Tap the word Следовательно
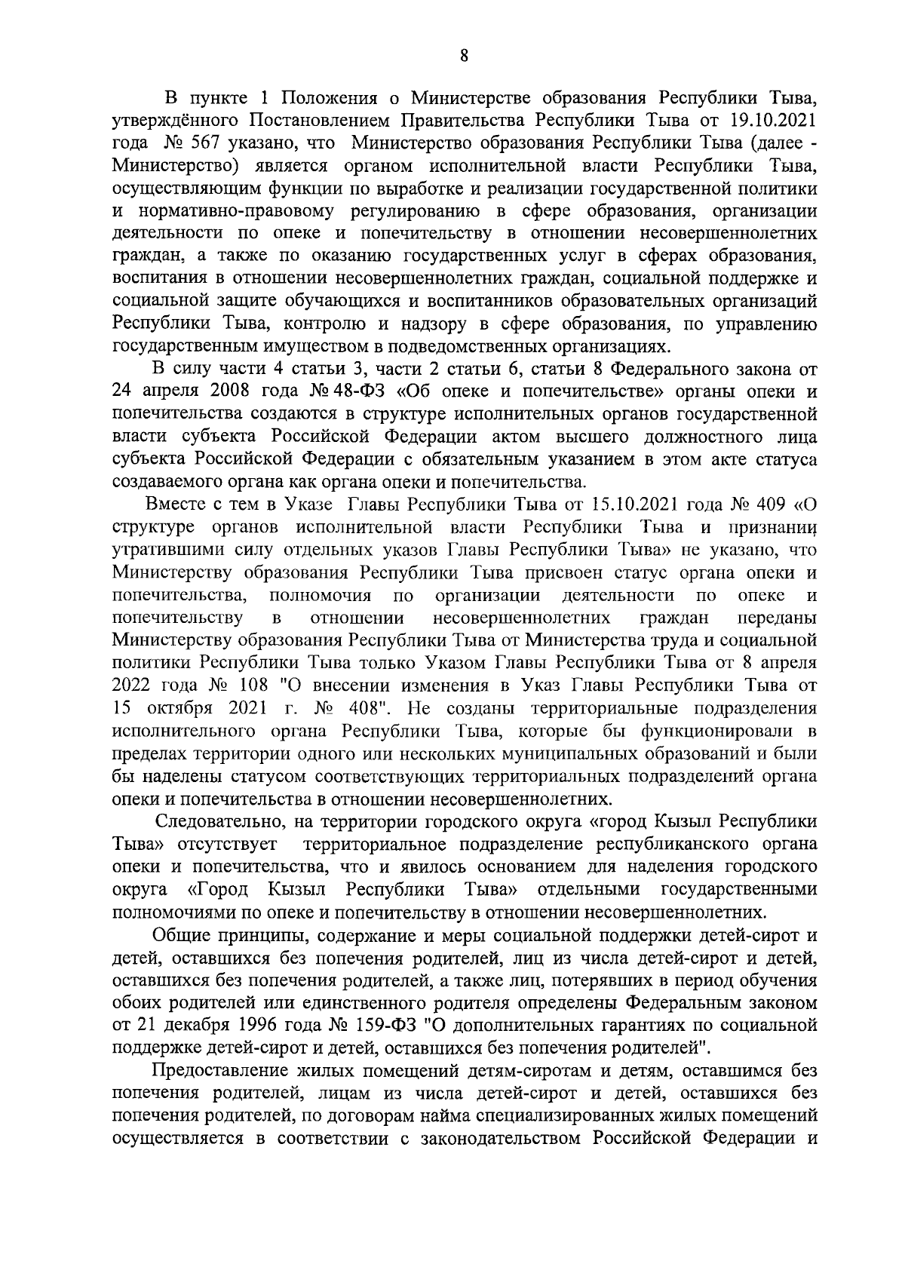(222, 821)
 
